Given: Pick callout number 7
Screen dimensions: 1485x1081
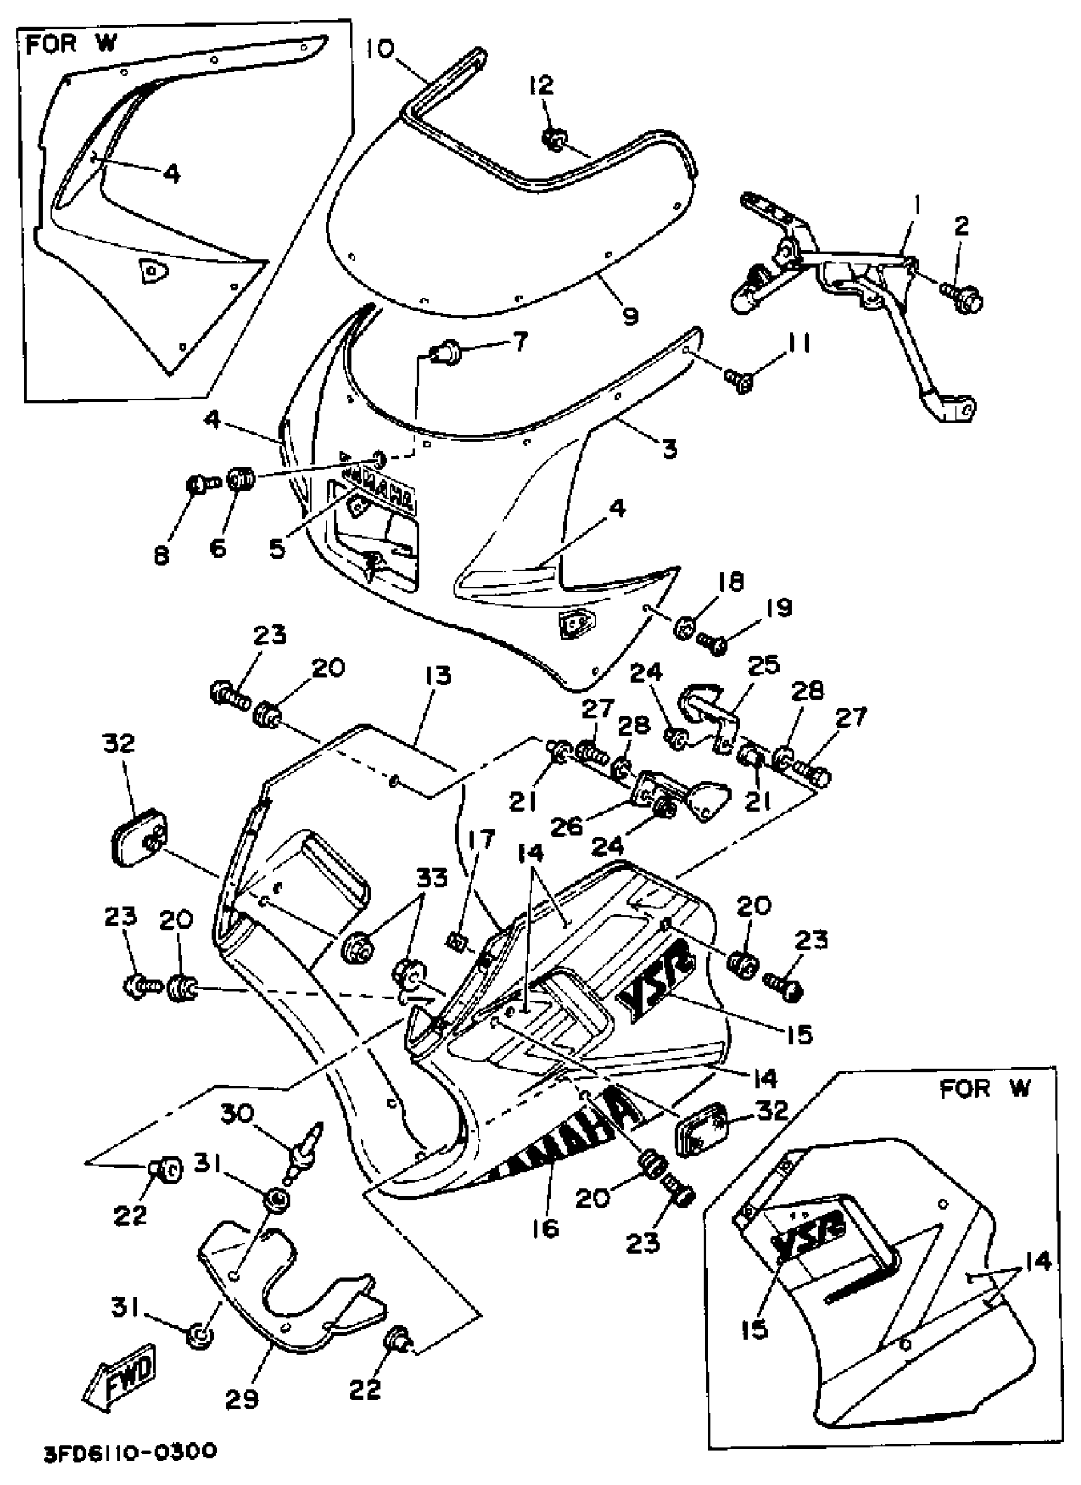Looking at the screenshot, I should pos(520,341).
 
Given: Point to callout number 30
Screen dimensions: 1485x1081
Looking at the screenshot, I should pos(237,1112).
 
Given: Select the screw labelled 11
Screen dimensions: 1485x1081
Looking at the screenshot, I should pos(737,379).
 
